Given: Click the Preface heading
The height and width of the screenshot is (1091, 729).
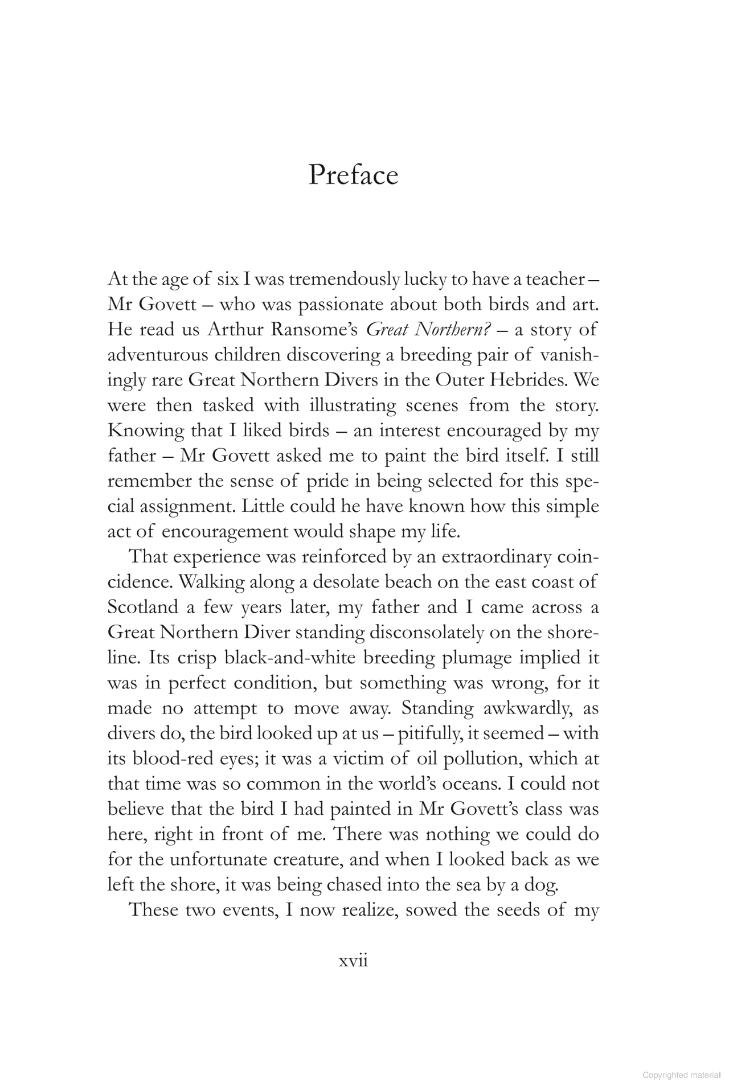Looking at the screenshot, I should coord(353,175).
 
